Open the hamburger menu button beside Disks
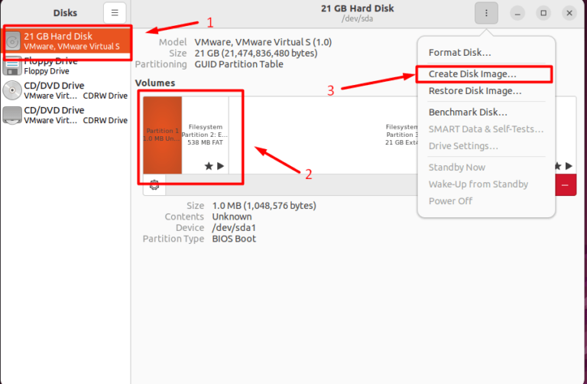115,13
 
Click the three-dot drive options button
486,13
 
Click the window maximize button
543,13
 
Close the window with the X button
569,13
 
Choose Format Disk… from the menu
459,53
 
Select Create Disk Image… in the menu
472,74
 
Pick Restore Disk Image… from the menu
475,91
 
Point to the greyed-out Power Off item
450,201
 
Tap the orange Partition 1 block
162,135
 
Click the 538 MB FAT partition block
205,135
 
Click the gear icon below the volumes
154,184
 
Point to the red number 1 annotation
211,23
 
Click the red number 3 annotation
331,90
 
